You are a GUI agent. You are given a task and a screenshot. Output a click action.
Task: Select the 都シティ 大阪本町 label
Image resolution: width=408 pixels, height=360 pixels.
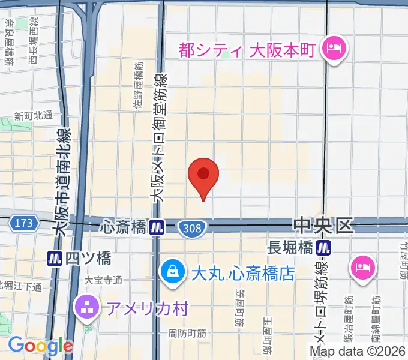(247, 49)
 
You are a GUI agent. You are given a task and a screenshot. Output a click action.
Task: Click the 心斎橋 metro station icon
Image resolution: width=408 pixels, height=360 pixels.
(157, 227)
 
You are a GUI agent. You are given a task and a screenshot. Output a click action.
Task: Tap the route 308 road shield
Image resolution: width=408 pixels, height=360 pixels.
(193, 227)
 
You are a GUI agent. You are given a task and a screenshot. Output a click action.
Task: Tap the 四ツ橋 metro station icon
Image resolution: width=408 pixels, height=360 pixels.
(55, 259)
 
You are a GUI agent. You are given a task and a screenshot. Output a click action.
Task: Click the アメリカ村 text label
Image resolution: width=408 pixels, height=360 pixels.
(148, 308)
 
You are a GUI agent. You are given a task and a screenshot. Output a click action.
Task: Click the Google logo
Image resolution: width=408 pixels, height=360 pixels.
(40, 346)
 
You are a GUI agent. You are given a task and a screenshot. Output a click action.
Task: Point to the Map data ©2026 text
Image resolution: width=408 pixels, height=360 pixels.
(358, 351)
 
